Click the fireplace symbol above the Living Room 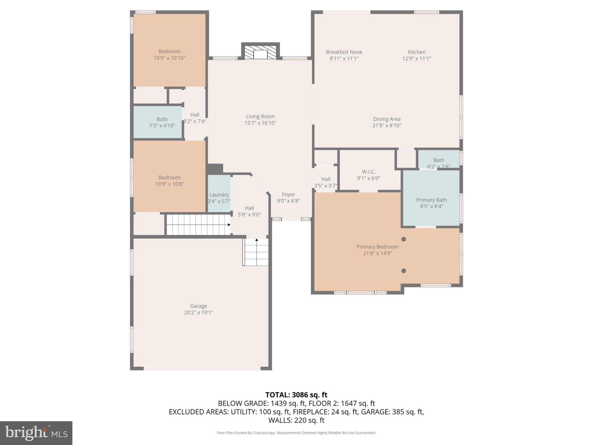(260, 52)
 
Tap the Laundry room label (219, 195)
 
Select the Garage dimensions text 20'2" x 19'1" (198, 313)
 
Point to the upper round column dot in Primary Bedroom (404, 239)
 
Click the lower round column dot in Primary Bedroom (404, 271)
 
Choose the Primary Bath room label (431, 200)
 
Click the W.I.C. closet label (368, 172)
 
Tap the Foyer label (288, 194)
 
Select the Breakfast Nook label (344, 52)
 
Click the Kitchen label (416, 52)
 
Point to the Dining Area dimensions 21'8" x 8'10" (387, 125)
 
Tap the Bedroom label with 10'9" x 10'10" (169, 52)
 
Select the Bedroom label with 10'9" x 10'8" (169, 178)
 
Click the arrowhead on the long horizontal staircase (229, 225)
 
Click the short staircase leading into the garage (256, 252)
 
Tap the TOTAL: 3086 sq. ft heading (296, 395)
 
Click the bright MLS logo (36, 433)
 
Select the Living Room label (260, 116)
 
